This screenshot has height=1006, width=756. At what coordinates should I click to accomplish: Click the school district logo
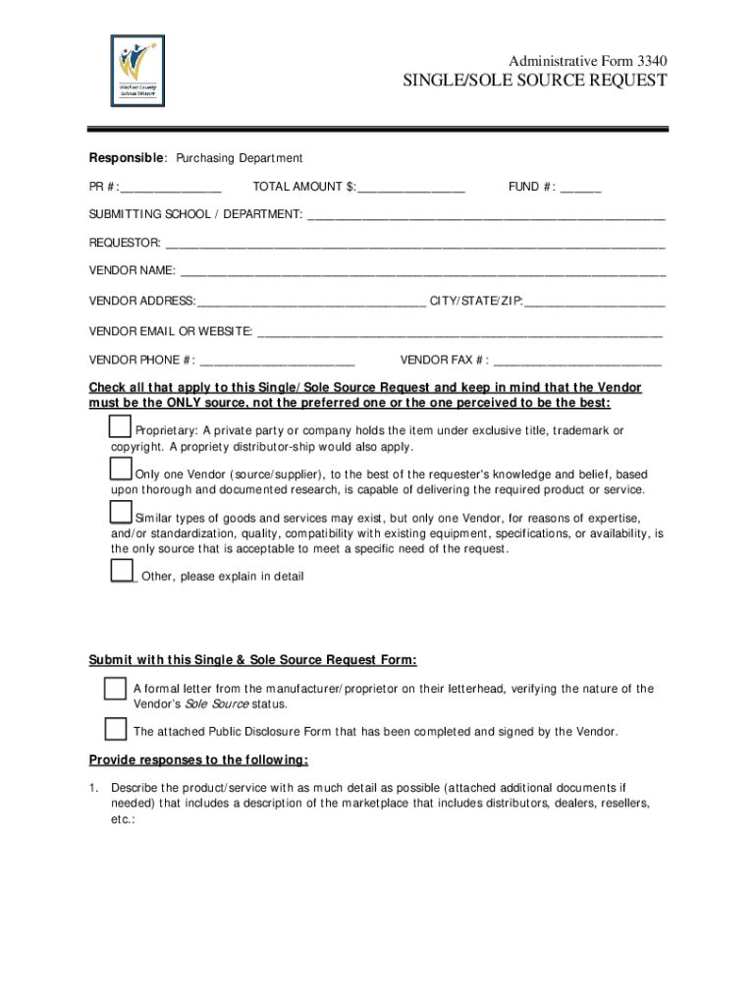[x=137, y=71]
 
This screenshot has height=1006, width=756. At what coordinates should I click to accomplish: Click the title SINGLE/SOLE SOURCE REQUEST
[x=535, y=81]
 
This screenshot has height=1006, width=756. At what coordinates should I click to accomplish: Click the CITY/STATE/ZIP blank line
[x=594, y=302]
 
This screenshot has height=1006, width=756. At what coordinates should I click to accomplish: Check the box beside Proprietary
[x=121, y=426]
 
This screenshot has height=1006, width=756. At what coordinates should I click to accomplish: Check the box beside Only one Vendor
[x=121, y=470]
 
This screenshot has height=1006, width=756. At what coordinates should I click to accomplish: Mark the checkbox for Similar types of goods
[x=121, y=513]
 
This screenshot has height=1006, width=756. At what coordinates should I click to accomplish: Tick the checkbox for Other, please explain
[x=122, y=571]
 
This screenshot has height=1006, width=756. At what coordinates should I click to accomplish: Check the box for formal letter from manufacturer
[x=115, y=689]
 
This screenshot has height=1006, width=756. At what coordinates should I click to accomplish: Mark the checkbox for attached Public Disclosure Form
[x=115, y=729]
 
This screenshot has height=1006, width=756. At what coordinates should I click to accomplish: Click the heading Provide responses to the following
[x=198, y=760]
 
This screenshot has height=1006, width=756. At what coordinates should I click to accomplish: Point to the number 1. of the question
[x=94, y=788]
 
